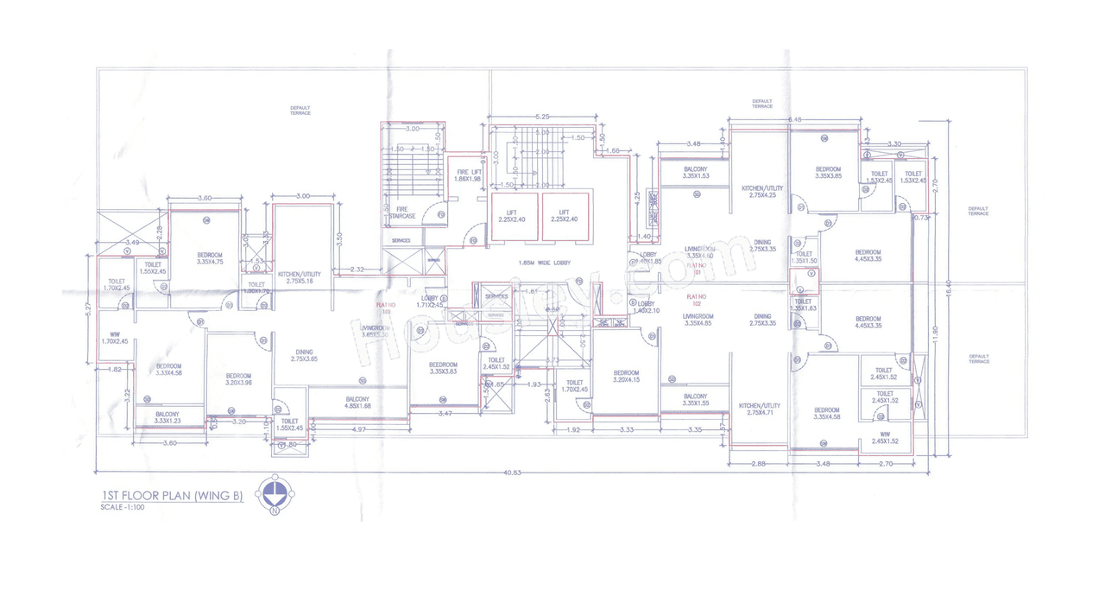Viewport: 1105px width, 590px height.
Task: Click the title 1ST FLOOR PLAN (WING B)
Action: (x=173, y=496)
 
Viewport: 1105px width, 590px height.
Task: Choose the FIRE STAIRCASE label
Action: (x=401, y=212)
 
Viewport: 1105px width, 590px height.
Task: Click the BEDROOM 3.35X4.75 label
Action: (x=210, y=258)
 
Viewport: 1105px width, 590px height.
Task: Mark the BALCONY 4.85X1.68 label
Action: (x=357, y=402)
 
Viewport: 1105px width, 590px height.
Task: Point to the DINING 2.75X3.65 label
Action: (x=305, y=355)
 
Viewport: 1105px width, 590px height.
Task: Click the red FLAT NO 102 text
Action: (x=698, y=300)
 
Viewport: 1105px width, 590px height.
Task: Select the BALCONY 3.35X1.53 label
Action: (x=695, y=173)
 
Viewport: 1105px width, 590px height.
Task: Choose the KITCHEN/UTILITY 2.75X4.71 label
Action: (x=760, y=409)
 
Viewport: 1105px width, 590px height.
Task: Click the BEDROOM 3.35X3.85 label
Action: (x=827, y=172)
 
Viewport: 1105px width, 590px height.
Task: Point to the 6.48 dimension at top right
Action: (x=795, y=119)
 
